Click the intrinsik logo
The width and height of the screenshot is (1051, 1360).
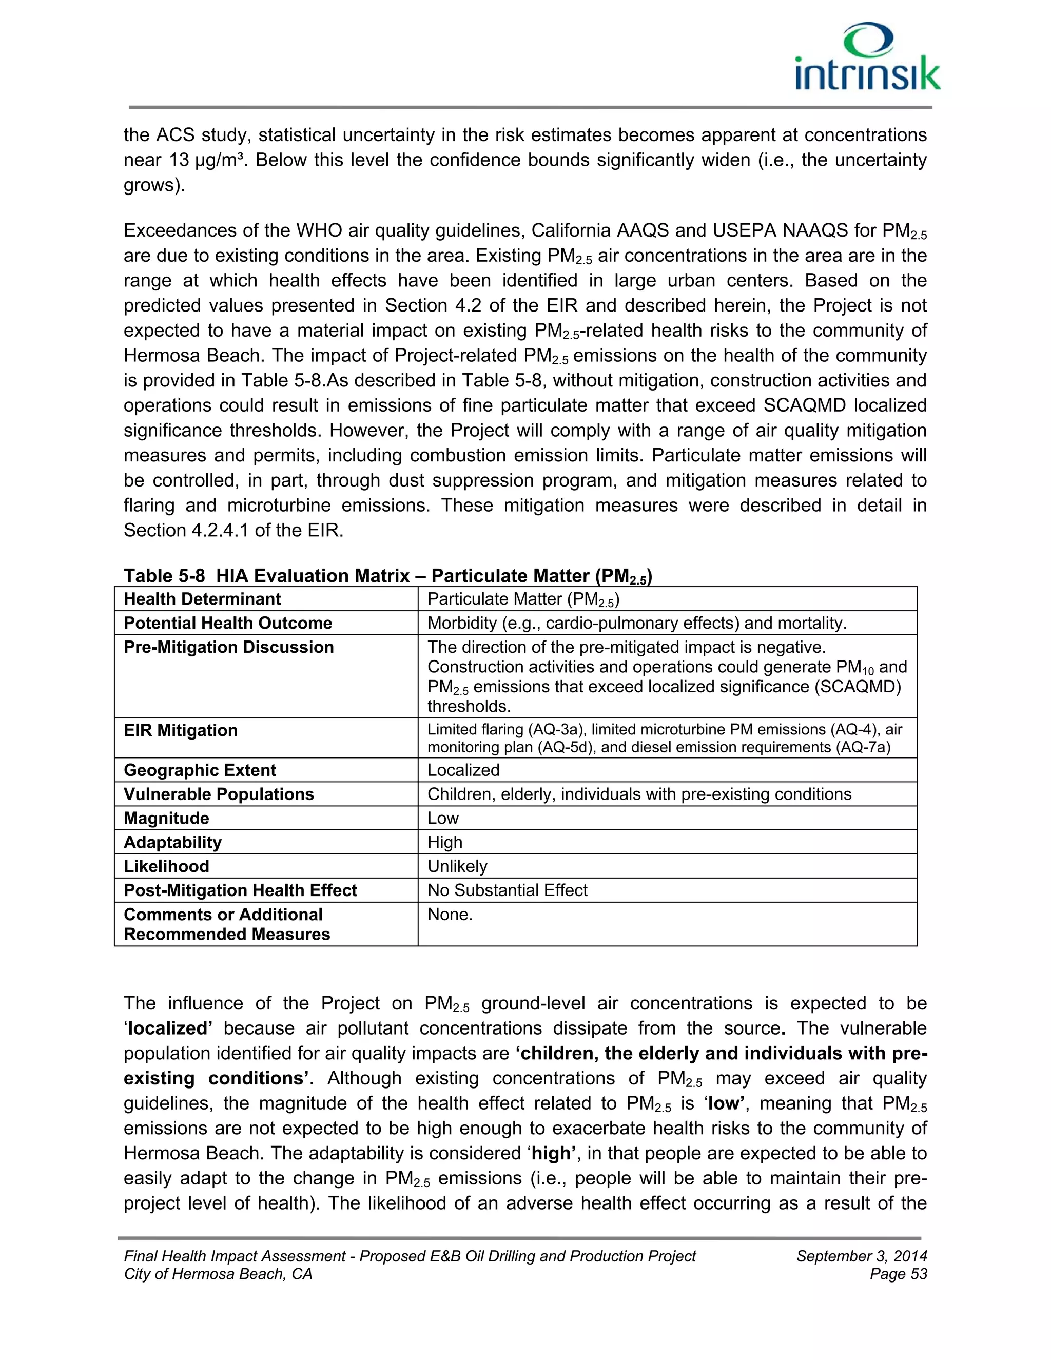(867, 57)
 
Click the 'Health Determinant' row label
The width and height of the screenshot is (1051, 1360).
(202, 599)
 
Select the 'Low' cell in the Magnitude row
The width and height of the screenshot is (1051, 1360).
(443, 818)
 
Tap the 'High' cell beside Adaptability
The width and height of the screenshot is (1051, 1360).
(444, 843)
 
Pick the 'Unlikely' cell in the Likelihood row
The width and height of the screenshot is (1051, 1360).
(457, 866)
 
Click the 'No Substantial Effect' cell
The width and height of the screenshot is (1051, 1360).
(507, 890)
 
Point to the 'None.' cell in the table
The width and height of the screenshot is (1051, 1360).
(450, 915)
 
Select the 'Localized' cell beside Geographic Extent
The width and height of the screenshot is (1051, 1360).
(463, 770)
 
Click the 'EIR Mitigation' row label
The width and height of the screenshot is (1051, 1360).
(181, 730)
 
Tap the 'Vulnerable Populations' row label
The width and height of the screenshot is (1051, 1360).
(219, 794)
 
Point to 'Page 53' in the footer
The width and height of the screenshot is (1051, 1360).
(899, 1274)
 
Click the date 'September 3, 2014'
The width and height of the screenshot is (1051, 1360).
(861, 1256)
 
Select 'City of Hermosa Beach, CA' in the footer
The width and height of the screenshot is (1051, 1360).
(218, 1274)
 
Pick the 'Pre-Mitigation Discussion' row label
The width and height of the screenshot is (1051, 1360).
(228, 648)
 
